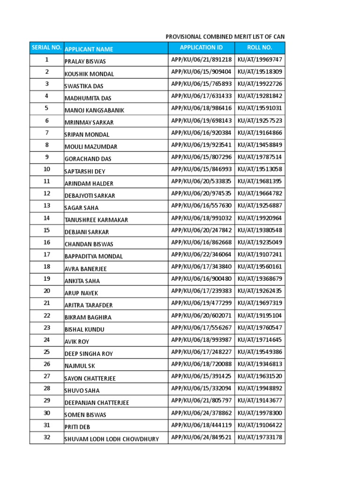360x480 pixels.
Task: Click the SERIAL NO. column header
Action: click(x=46, y=47)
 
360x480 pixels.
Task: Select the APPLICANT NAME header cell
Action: click(x=89, y=49)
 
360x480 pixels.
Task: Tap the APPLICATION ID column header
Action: click(x=201, y=47)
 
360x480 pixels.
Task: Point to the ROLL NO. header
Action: click(x=260, y=47)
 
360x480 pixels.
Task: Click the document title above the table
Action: click(x=225, y=37)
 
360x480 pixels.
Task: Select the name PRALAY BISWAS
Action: click(x=85, y=61)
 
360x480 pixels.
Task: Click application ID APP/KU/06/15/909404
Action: click(x=201, y=72)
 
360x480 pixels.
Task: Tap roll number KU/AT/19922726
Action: click(x=260, y=84)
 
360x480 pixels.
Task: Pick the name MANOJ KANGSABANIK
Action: click(x=94, y=110)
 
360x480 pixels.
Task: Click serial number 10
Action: click(x=47, y=169)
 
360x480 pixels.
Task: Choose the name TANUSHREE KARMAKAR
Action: click(x=96, y=220)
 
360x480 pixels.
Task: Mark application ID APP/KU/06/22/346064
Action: click(x=201, y=255)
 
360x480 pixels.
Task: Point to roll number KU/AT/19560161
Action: click(x=260, y=267)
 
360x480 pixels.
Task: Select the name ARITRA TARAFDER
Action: click(x=89, y=305)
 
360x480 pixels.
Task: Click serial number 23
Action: click(x=47, y=328)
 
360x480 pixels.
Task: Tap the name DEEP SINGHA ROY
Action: click(x=89, y=354)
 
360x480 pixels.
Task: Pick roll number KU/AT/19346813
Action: click(x=260, y=364)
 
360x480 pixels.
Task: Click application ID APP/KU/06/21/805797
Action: click(x=201, y=401)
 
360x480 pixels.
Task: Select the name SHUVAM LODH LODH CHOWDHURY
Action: click(x=112, y=439)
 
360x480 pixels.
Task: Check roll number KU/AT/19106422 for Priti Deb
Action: click(x=260, y=425)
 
